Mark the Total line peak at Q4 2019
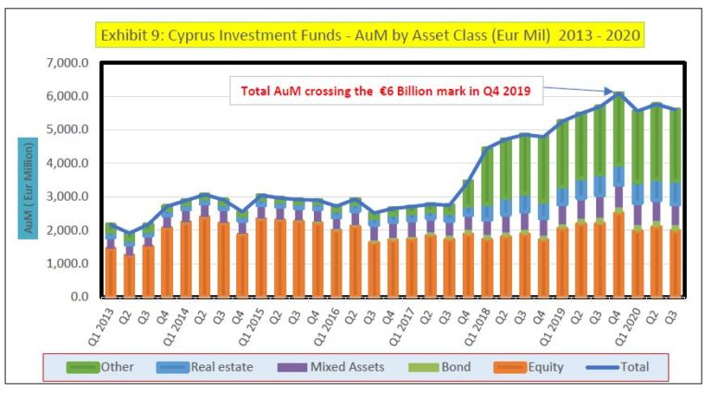(618, 93)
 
